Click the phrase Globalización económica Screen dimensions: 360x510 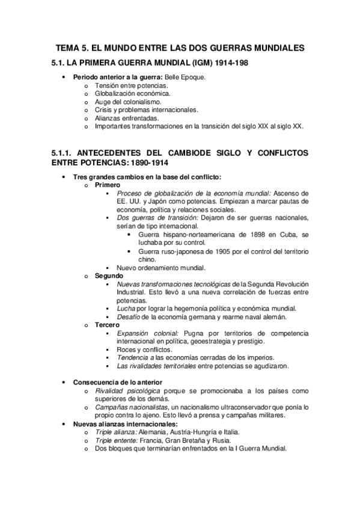point(132,94)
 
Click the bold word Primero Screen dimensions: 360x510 point(107,185)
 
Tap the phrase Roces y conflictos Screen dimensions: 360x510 point(144,349)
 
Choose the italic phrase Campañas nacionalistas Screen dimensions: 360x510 point(125,407)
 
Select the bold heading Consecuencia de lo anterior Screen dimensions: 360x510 point(114,382)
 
